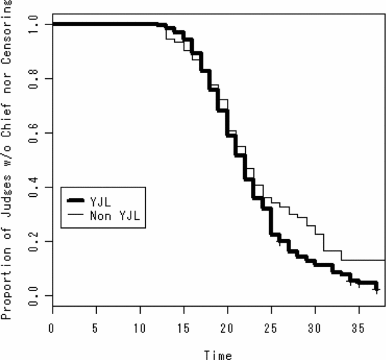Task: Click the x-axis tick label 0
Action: pos(52,327)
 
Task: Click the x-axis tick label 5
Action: pos(96,327)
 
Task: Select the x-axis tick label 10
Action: pos(140,327)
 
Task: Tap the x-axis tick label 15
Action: pos(184,327)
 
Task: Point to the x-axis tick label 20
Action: pos(227,327)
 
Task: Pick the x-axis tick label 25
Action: pos(271,327)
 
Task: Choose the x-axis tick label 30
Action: pos(315,327)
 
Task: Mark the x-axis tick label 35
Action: pos(359,327)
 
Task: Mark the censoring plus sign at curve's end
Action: pos(377,290)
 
